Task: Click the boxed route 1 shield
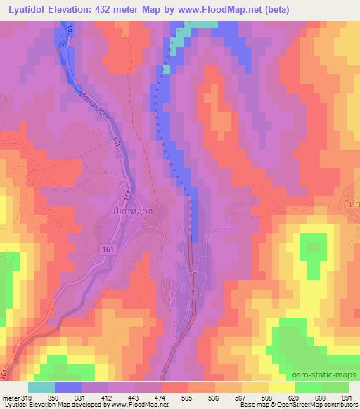pos(192,290)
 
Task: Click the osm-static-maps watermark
pos(324,375)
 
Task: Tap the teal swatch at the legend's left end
pos(41,387)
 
